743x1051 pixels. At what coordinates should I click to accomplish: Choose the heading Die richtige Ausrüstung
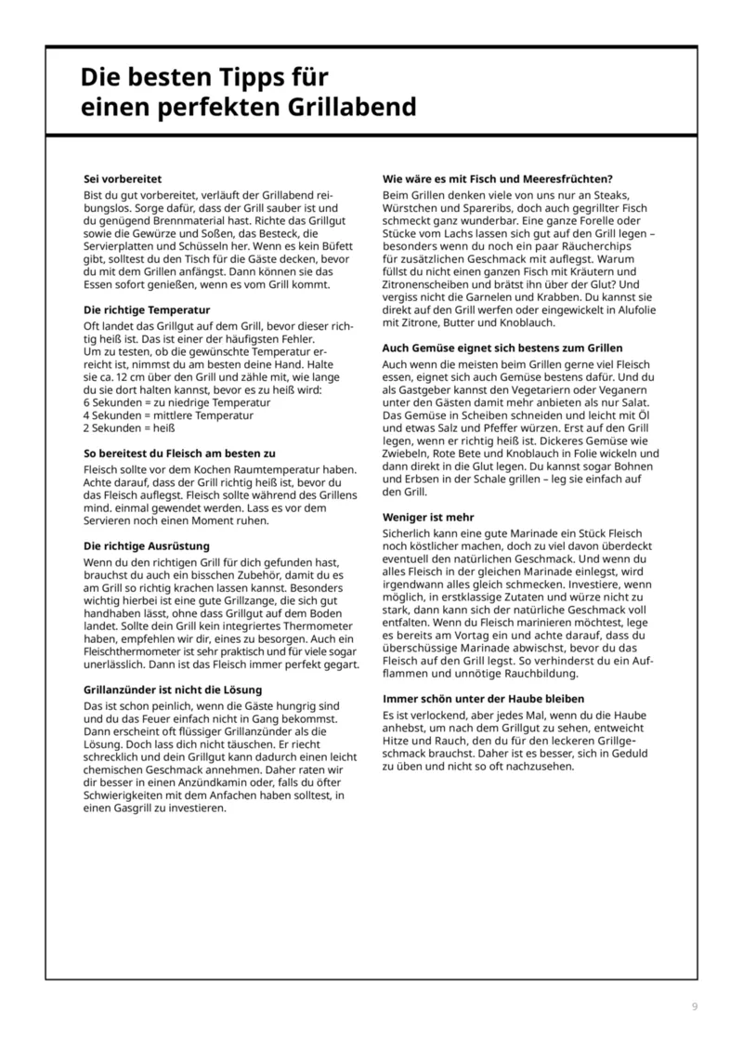pos(147,546)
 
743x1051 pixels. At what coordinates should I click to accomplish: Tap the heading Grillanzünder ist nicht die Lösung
pos(173,690)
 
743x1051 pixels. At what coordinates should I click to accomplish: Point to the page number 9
pos(695,1007)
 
